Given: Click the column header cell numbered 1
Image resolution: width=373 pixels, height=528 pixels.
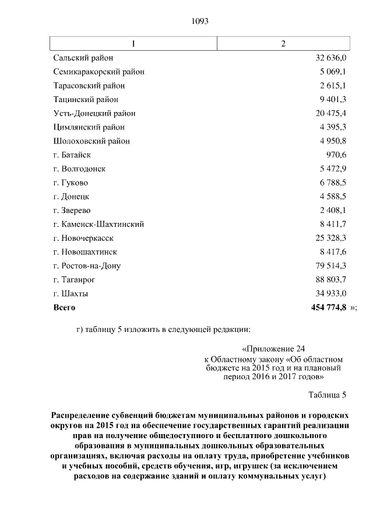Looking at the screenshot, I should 133,44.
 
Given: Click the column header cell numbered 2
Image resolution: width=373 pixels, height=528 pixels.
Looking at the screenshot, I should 283,44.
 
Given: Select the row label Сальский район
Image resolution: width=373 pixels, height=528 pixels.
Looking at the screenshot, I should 83,58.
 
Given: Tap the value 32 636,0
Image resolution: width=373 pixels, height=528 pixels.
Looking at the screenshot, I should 331,58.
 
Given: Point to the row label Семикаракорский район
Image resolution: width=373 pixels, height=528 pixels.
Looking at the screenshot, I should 99,72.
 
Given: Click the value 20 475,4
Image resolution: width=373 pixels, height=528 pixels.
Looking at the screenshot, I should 331,113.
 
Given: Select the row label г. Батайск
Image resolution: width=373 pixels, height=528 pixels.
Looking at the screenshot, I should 72,155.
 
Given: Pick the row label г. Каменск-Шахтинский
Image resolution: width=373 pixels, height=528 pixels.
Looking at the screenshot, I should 98,224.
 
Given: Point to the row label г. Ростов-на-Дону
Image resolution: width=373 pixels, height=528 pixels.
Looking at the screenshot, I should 87,265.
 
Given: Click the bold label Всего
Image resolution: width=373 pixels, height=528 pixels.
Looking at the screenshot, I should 64,307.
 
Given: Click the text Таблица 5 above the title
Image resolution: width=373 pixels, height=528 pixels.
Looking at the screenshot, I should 327,395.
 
